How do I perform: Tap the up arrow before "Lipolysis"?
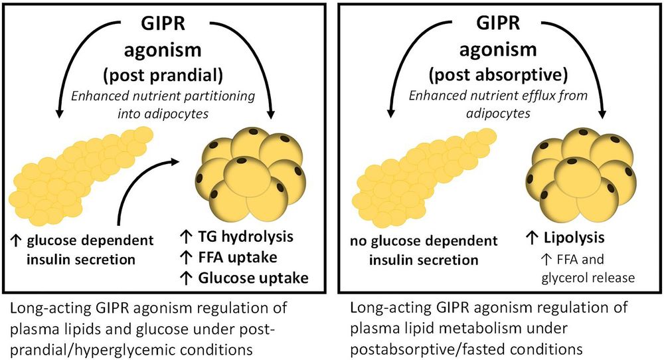tap(531, 237)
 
